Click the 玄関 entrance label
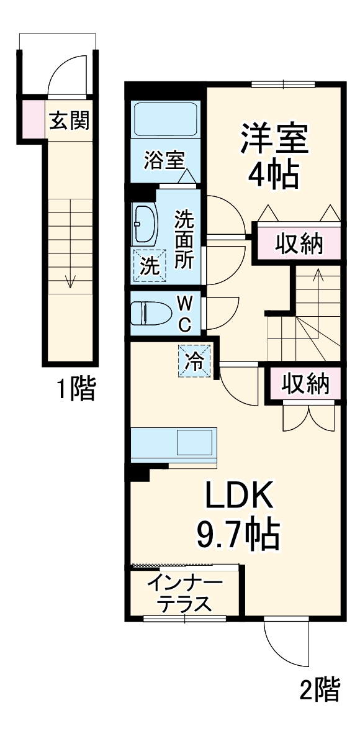point(69,121)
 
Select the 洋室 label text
point(274,139)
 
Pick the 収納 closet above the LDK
point(305,384)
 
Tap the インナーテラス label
point(185,593)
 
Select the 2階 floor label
point(320,689)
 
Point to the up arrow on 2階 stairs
point(318,276)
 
